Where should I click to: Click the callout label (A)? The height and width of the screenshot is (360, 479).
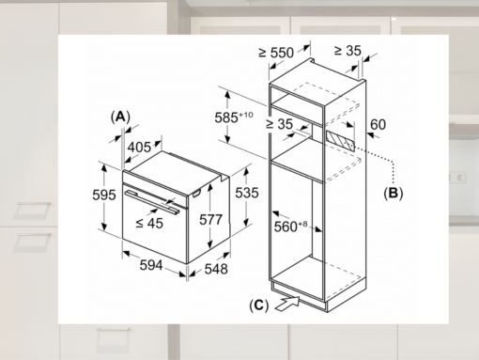[x=118, y=116]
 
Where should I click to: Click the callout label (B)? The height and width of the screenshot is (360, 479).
[x=392, y=193]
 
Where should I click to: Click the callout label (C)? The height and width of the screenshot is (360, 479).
[x=259, y=305]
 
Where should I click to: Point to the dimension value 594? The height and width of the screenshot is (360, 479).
[x=152, y=264]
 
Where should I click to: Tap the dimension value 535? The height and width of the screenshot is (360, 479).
[x=245, y=192]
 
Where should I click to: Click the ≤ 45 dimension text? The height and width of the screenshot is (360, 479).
[x=148, y=223]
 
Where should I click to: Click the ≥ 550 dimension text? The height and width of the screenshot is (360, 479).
[x=277, y=53]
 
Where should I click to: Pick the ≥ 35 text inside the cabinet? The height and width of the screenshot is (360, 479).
[x=281, y=123]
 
